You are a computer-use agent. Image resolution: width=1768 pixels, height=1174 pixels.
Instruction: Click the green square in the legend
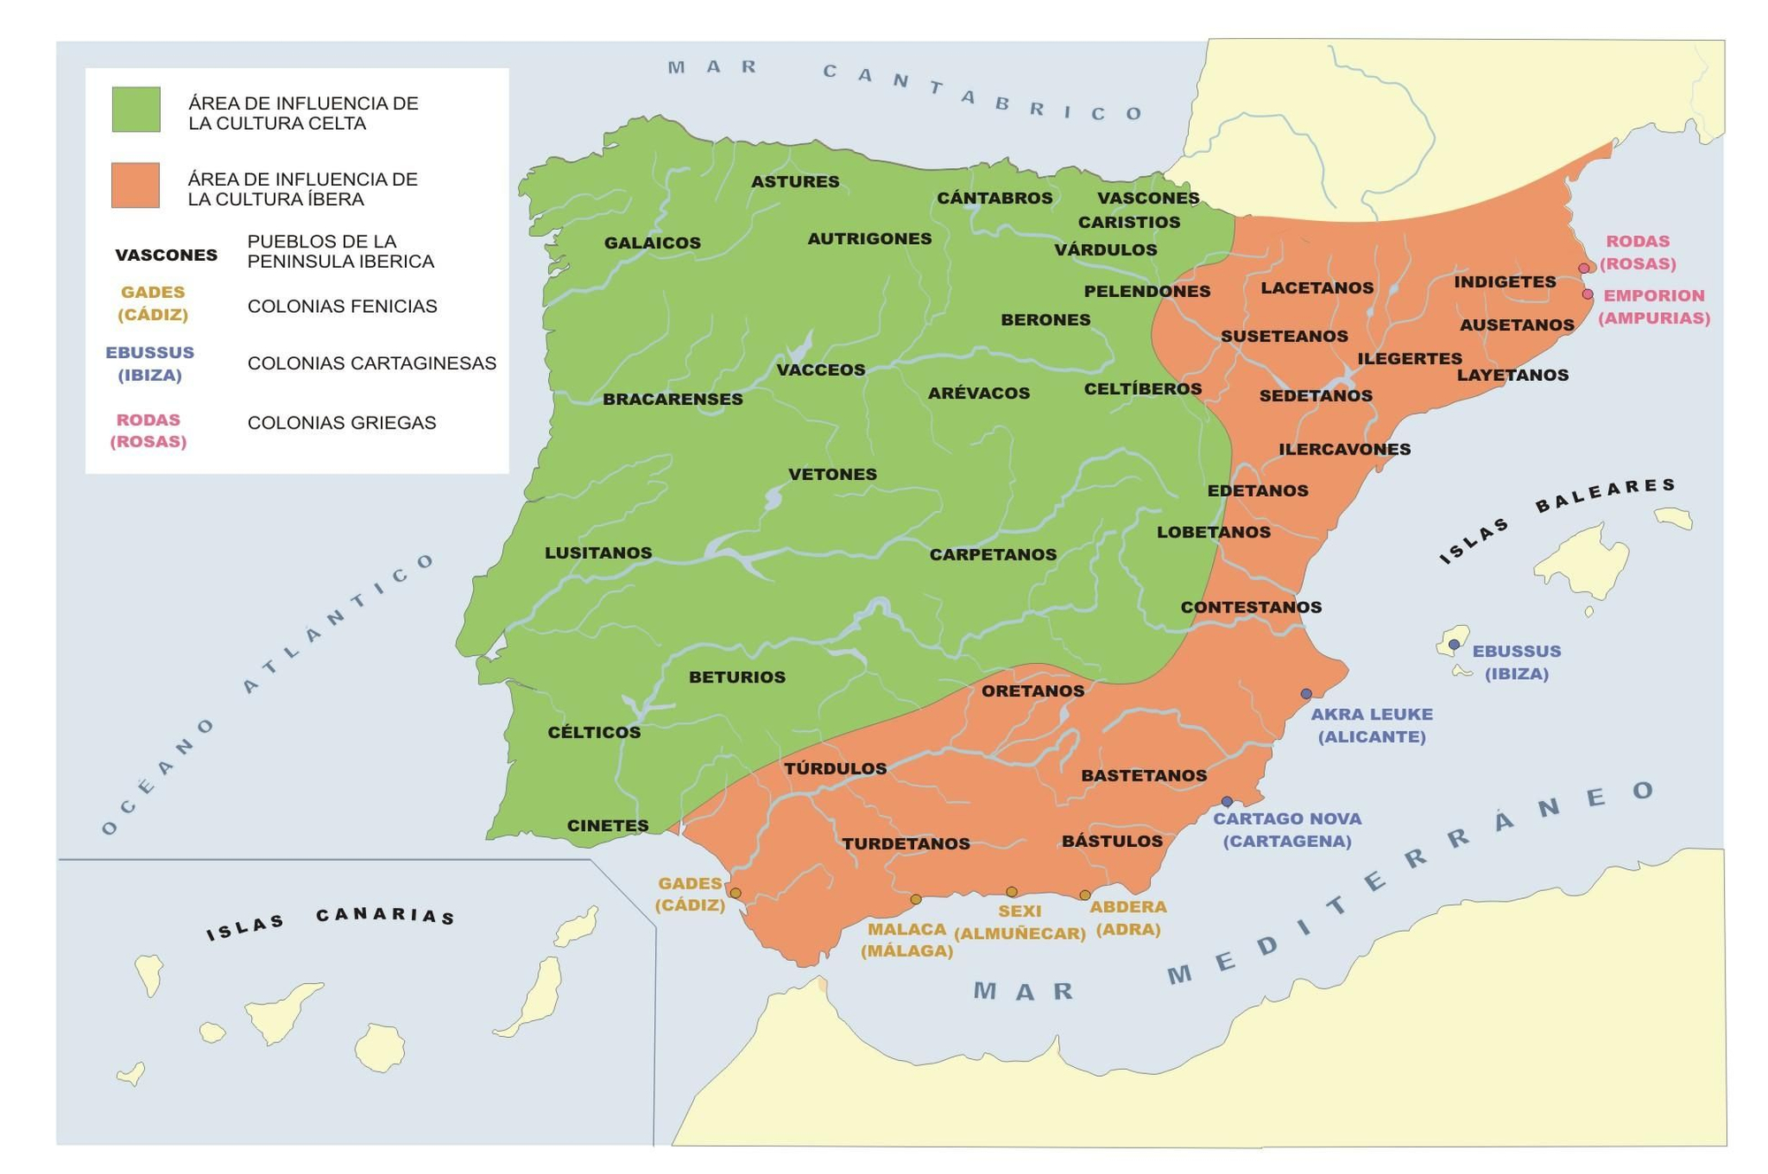point(136,110)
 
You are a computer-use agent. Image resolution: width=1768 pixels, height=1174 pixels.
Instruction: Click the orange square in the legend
point(135,186)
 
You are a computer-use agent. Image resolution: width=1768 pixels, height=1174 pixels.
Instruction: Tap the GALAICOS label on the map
point(652,243)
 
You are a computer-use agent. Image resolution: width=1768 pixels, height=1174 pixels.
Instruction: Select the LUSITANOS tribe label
point(598,553)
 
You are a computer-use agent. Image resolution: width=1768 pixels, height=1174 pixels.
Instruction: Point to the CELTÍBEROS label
point(1143,389)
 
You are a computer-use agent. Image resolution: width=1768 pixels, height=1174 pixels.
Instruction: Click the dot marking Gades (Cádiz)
point(735,894)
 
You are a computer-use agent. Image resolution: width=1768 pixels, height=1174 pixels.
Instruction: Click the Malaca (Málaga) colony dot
point(916,900)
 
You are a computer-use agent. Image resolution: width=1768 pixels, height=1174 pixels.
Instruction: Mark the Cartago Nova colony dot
point(1227,802)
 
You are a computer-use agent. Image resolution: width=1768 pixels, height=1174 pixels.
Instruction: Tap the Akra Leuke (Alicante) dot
point(1307,694)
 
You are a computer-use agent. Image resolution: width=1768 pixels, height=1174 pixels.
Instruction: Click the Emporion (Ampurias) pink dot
point(1588,294)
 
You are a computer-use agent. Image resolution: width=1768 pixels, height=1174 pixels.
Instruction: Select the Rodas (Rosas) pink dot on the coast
point(1583,269)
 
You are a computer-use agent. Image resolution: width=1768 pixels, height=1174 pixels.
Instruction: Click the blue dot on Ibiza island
point(1453,644)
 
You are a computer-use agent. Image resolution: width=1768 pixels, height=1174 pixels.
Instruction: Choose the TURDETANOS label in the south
point(906,844)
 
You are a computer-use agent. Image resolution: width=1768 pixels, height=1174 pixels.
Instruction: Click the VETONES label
point(833,475)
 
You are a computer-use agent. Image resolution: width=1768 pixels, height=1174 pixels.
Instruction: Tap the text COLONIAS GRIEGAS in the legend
point(342,423)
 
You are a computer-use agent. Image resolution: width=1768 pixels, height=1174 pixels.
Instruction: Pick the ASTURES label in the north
point(796,182)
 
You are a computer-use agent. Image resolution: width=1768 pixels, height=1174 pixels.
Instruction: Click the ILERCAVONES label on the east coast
point(1345,450)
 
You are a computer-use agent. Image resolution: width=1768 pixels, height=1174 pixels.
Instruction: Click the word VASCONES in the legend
point(166,255)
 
